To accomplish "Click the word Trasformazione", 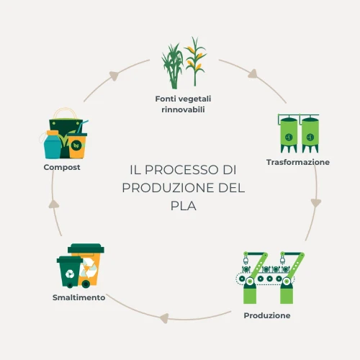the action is [298, 162].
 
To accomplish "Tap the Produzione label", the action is [267, 315].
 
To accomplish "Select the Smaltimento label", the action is [78, 297].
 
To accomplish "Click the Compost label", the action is [62, 167].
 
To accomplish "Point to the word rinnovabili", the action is [183, 109].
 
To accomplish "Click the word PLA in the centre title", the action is [184, 206].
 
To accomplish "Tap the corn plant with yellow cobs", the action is [195, 61].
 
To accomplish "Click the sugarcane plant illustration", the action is [172, 66].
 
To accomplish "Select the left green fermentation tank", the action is [289, 135].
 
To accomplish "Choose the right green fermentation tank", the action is [310, 135].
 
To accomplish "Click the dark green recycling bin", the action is [69, 272].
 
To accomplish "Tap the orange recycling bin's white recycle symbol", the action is [89, 268].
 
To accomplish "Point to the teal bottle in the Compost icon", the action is [53, 145].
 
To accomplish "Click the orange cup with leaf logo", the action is [77, 145].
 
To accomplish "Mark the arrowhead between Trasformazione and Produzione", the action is [316, 203].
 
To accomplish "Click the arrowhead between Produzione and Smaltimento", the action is [164, 318].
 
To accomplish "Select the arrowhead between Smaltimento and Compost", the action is [54, 204].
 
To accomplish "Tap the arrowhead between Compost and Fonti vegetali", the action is [114, 76].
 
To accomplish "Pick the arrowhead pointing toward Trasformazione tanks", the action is [253, 73].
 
